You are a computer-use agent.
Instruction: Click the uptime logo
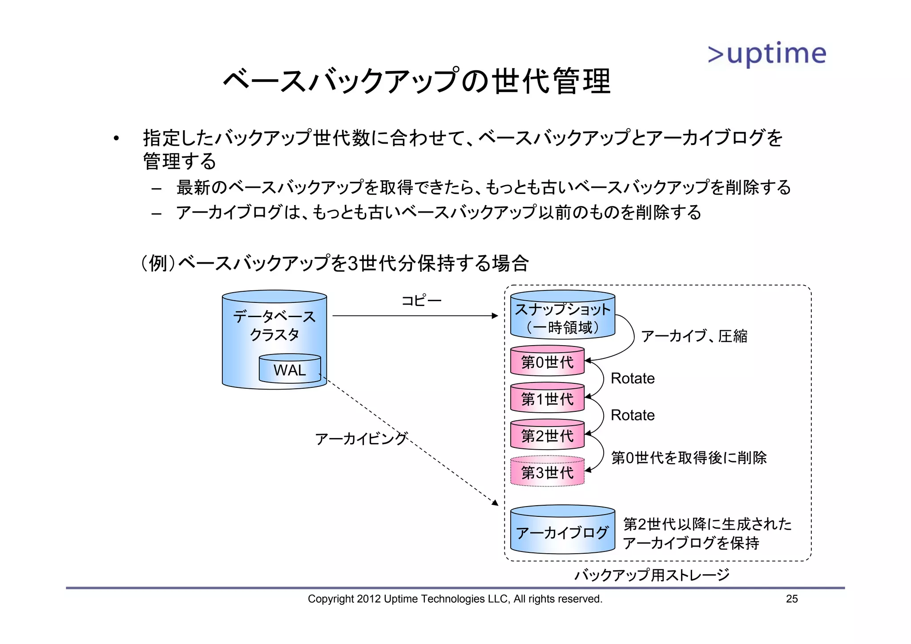(767, 54)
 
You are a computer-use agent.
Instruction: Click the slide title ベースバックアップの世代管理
(417, 81)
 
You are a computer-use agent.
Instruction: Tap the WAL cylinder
(290, 369)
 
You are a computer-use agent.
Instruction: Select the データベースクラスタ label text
(274, 325)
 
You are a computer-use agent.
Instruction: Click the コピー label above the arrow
(421, 301)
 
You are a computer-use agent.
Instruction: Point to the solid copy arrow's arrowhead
(495, 316)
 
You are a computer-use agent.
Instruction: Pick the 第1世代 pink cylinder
(547, 399)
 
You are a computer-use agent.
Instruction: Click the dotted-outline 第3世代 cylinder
(547, 472)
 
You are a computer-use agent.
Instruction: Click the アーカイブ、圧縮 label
(694, 336)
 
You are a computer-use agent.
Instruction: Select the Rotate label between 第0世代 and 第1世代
(633, 378)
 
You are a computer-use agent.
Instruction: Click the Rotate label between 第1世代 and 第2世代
(633, 415)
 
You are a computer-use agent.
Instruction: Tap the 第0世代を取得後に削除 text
(689, 458)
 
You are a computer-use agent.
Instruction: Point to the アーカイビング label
(361, 439)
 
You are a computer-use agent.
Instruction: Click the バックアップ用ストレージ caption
(652, 575)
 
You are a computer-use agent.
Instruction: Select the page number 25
(792, 599)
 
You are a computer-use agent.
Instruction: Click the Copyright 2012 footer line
(455, 599)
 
